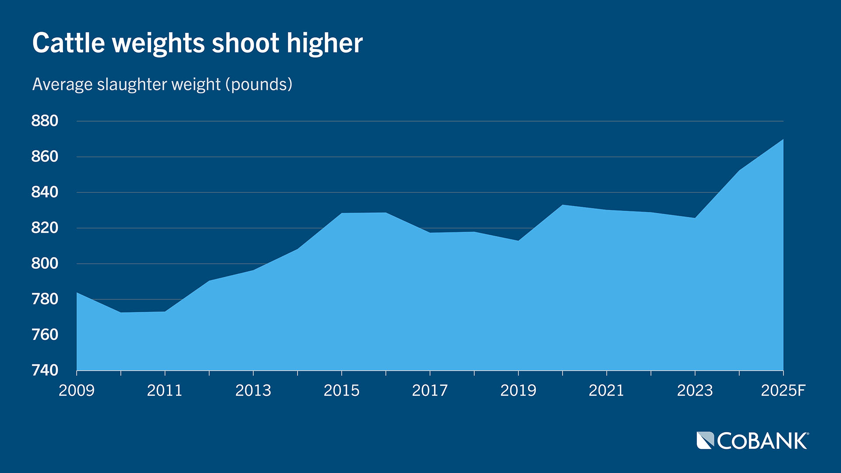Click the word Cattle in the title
(69, 43)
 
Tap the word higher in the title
(325, 43)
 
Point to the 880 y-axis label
(45, 121)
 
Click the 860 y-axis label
(45, 156)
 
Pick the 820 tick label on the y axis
(45, 228)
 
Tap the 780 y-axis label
(45, 299)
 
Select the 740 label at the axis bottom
(45, 371)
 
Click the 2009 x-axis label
(77, 390)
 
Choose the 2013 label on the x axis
(253, 390)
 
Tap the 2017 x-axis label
(430, 390)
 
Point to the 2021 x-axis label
(607, 390)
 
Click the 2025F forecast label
(783, 390)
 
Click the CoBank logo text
(763, 441)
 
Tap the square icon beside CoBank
(705, 441)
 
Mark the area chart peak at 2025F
(783, 140)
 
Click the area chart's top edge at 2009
(77, 293)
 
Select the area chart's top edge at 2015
(342, 213)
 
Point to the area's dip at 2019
(518, 240)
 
